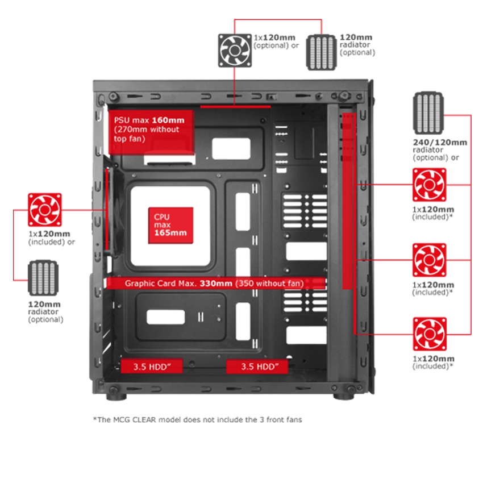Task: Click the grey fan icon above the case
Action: [x=235, y=49]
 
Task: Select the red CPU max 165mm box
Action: [x=170, y=225]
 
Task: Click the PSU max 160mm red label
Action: [x=151, y=131]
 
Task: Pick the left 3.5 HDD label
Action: [x=151, y=367]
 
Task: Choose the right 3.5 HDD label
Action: [x=257, y=367]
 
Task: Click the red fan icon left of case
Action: [x=44, y=209]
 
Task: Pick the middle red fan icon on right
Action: [x=429, y=260]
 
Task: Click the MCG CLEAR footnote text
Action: [x=197, y=419]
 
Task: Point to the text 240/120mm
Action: [x=440, y=142]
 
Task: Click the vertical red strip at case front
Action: [x=349, y=222]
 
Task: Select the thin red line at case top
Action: [x=235, y=106]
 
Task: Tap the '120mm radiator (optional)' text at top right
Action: [x=357, y=45]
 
